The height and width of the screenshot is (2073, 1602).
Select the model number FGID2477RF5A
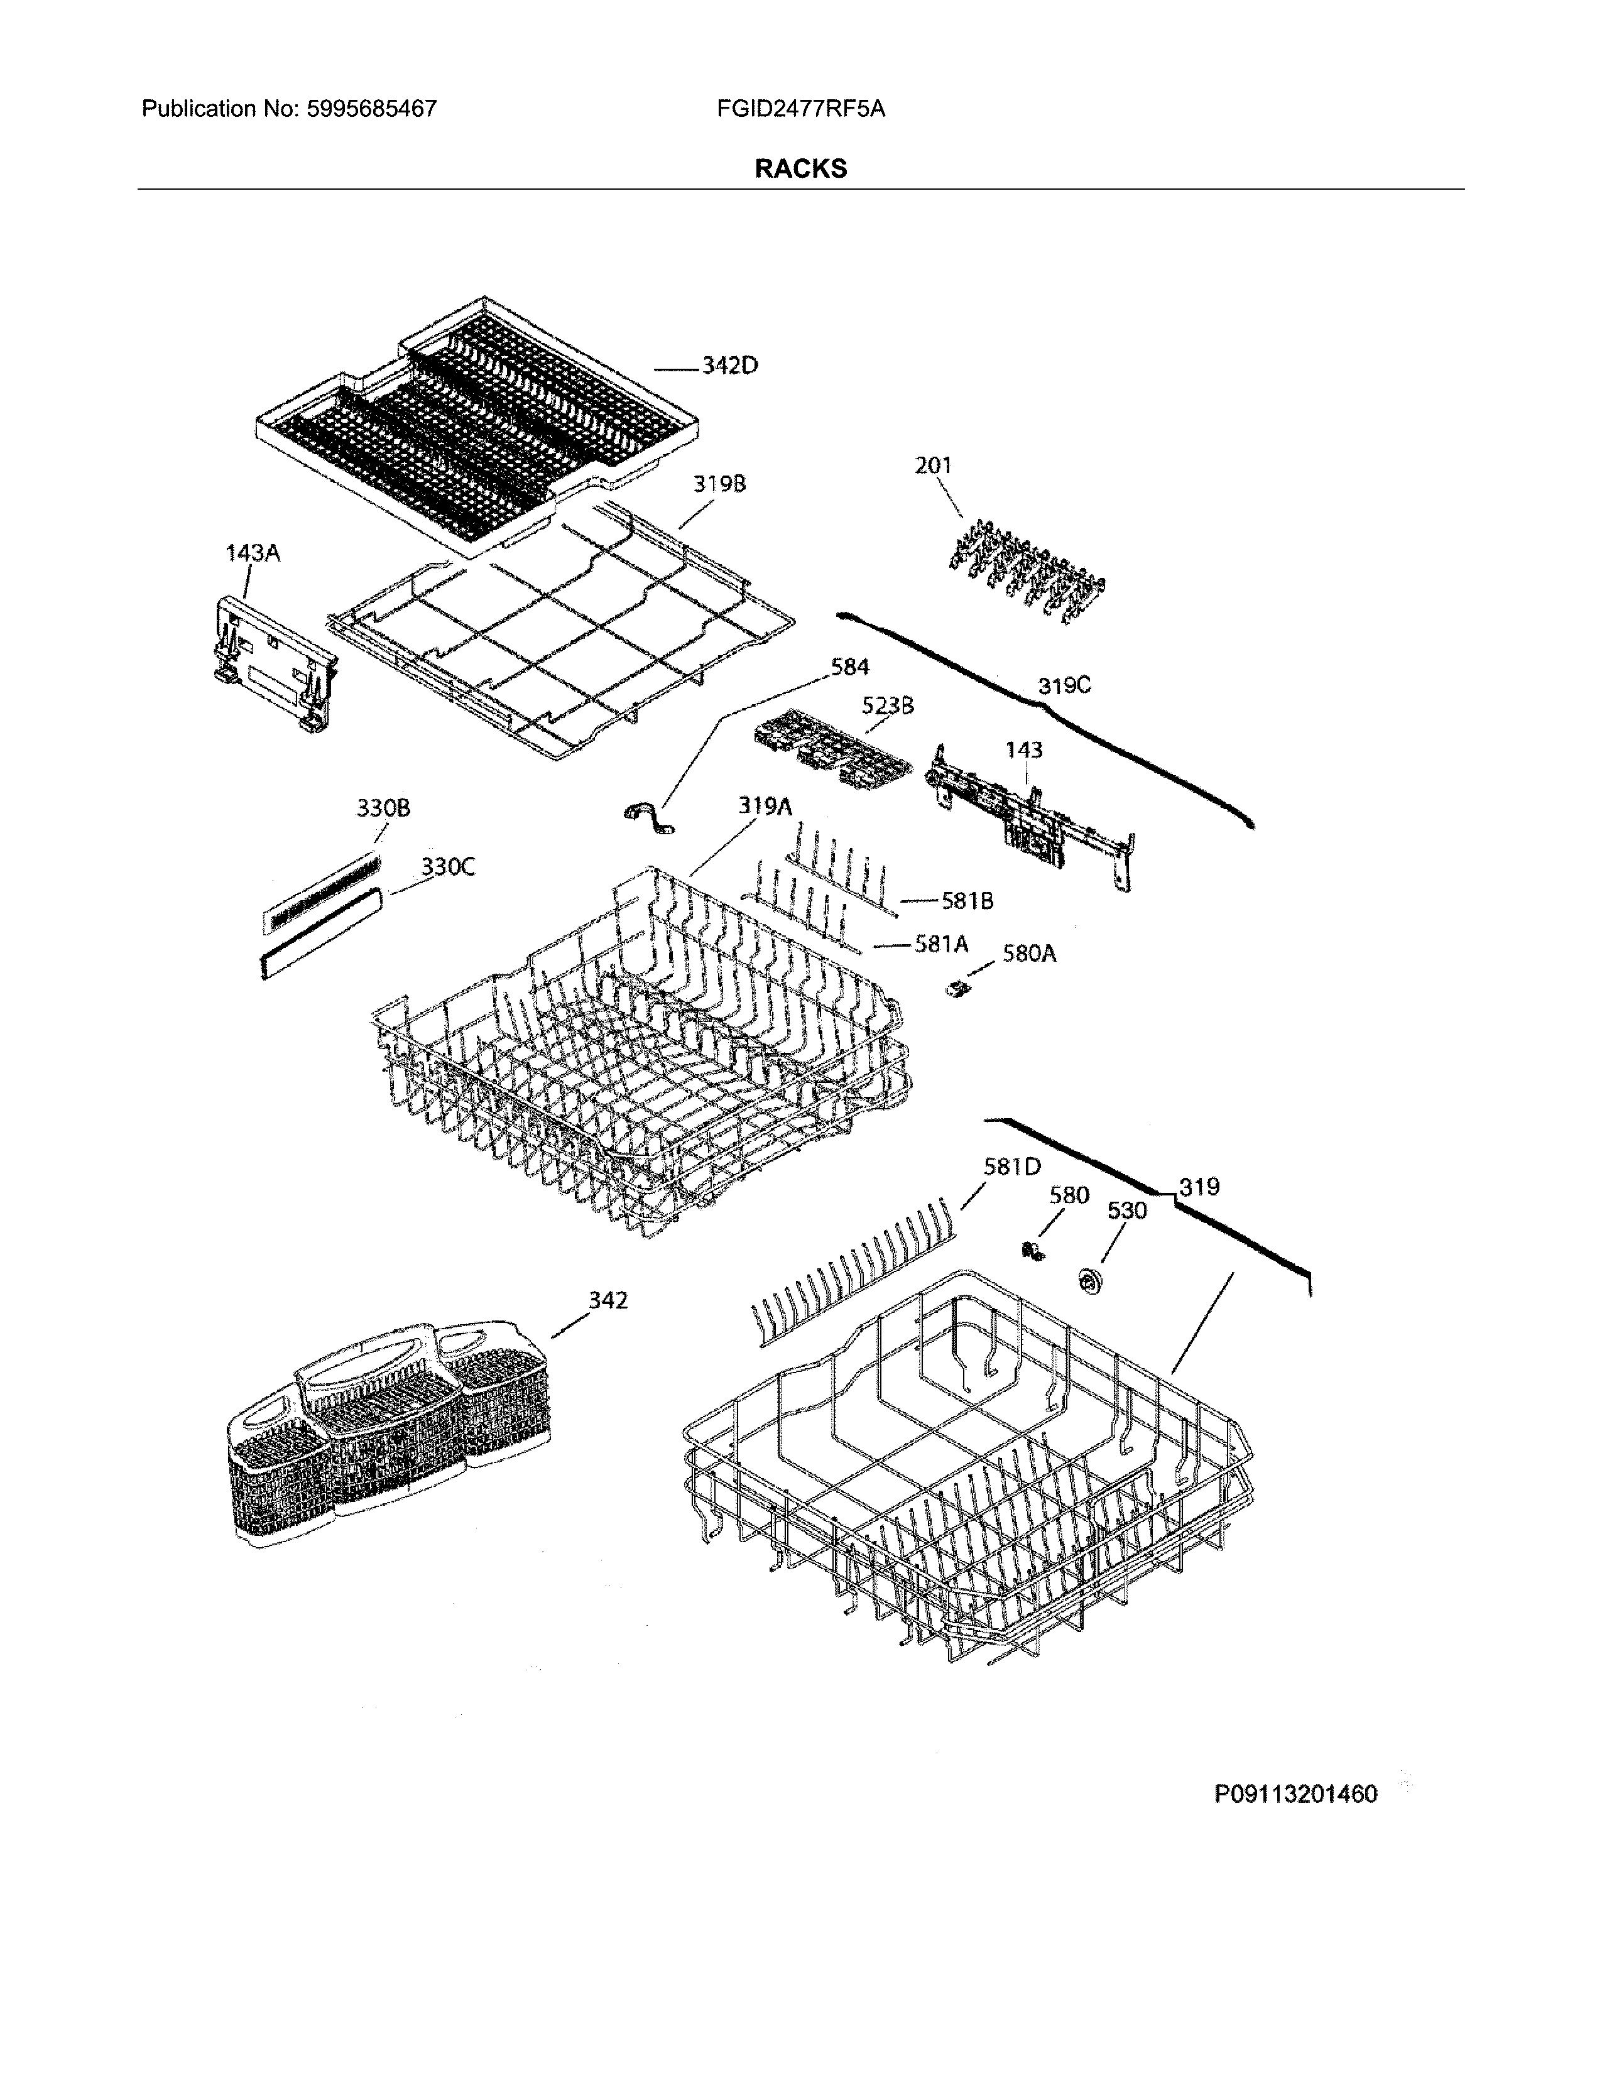point(801,109)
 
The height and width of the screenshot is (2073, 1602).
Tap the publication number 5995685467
point(371,109)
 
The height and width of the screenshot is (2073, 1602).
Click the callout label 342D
point(730,366)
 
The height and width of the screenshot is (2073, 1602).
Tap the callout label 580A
point(1029,953)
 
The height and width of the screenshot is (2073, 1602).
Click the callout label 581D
point(1011,1167)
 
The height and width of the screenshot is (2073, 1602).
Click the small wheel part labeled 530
point(1087,1281)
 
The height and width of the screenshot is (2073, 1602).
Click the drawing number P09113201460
point(1295,1794)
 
